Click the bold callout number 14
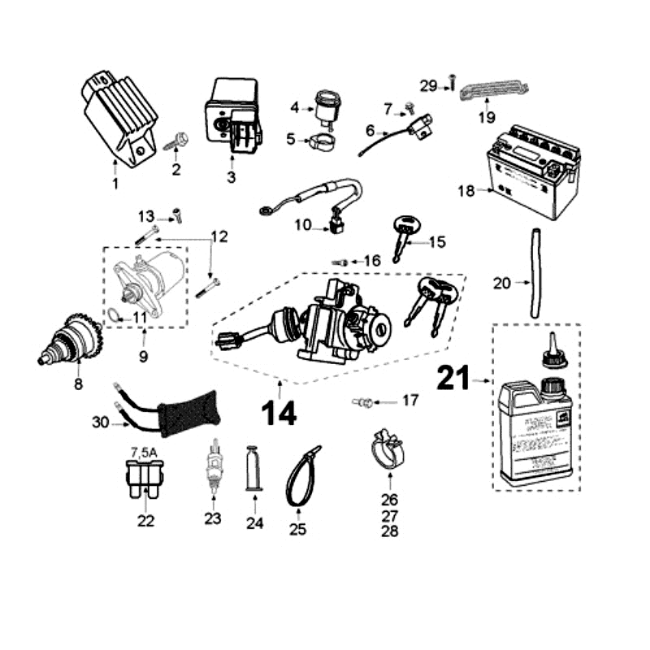tap(279, 413)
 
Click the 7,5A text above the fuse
tap(145, 452)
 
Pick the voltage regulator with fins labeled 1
tap(119, 119)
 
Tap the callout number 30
tap(100, 422)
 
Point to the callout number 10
tap(303, 225)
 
